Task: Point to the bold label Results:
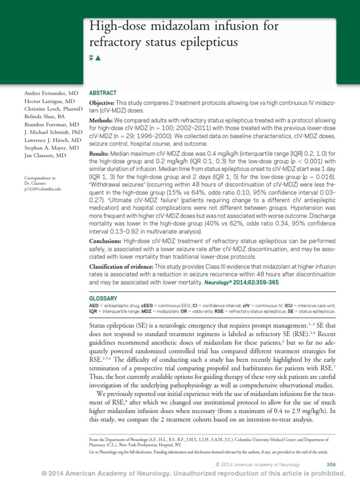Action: coord(99,153)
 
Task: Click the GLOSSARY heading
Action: coord(103,299)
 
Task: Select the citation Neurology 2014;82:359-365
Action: coord(244,283)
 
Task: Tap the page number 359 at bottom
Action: coord(330,464)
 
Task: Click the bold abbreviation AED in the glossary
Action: coord(94,305)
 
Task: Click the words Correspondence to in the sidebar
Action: coord(39,178)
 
